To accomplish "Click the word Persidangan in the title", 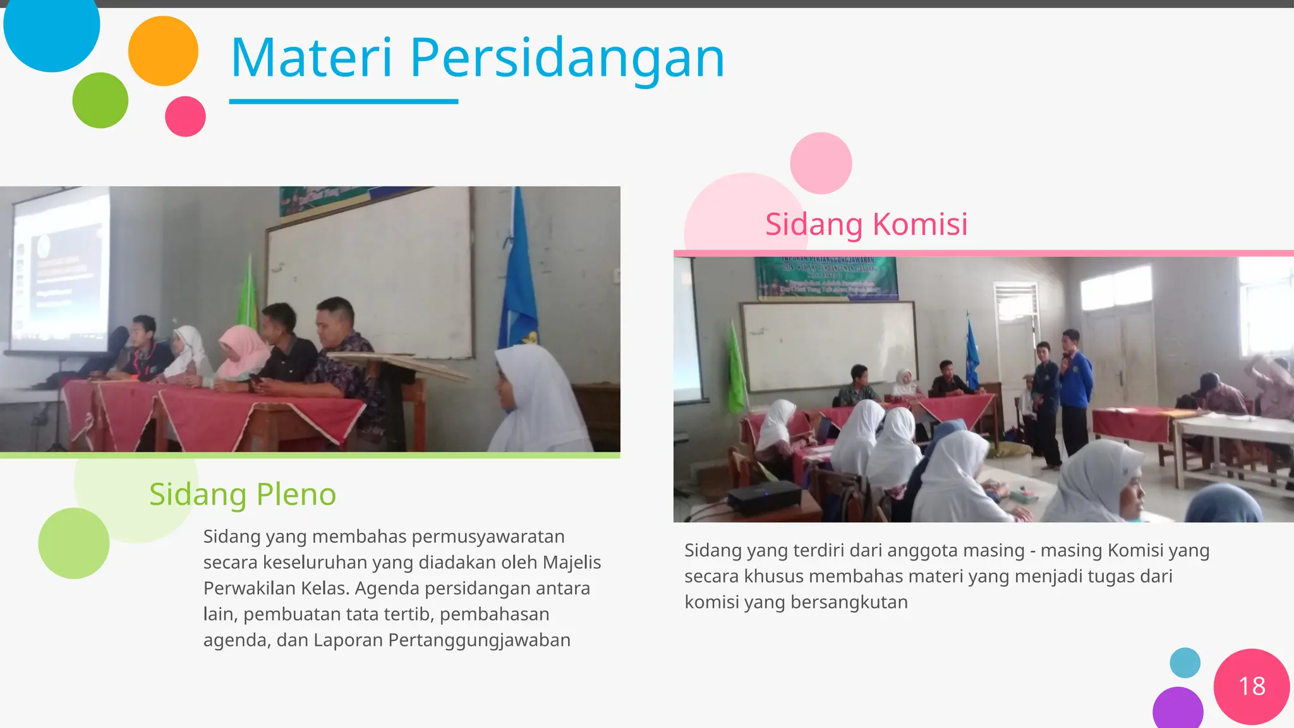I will pyautogui.click(x=567, y=59).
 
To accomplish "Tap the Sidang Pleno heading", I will pyautogui.click(x=243, y=494).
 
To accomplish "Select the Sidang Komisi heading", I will pyautogui.click(x=866, y=224).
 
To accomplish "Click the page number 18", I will pyautogui.click(x=1252, y=686).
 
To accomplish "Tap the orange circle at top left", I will pyautogui.click(x=163, y=51).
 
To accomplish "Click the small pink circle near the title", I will pyautogui.click(x=185, y=116).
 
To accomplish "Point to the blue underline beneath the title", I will pyautogui.click(x=343, y=101).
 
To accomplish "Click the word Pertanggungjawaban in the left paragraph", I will pyautogui.click(x=479, y=640).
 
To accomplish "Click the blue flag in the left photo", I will pyautogui.click(x=518, y=278).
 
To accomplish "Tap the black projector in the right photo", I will pyautogui.click(x=764, y=496).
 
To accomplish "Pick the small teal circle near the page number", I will pyautogui.click(x=1185, y=663).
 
